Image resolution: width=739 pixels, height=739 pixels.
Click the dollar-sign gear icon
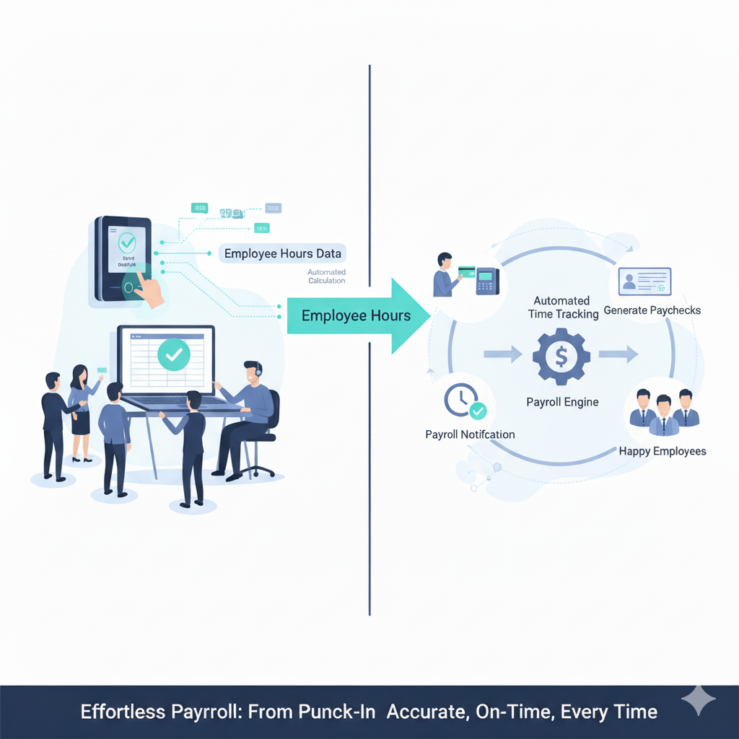(x=561, y=355)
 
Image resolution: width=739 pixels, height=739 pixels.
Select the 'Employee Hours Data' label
(x=283, y=253)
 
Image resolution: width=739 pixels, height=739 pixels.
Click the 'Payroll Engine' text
(x=562, y=402)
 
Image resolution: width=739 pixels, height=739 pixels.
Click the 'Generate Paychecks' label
(x=652, y=310)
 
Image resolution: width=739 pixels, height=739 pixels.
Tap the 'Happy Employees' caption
(x=663, y=451)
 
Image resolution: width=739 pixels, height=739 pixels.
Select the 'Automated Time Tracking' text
(x=562, y=307)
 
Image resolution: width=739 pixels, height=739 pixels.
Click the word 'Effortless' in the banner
(x=121, y=712)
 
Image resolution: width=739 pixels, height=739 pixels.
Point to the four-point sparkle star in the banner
(x=699, y=701)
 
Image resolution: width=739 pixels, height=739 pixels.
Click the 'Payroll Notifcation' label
(x=470, y=434)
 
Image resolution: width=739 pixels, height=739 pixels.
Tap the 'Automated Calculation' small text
(x=327, y=276)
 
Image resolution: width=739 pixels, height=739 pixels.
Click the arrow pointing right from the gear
(x=618, y=354)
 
